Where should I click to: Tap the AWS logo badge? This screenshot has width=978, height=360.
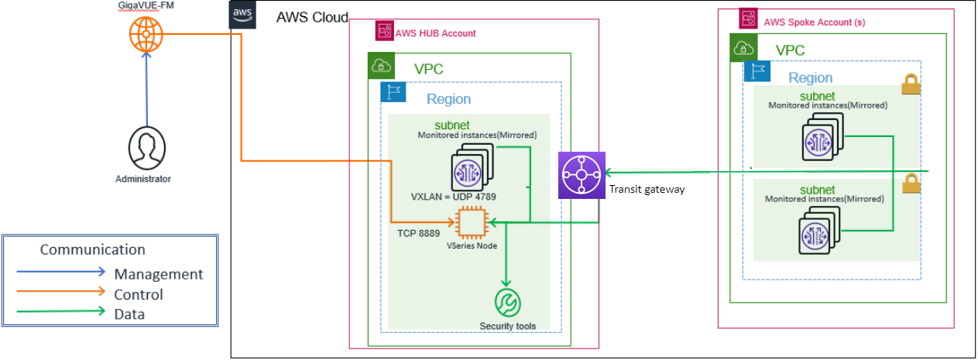point(242,16)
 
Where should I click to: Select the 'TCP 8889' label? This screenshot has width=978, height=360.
point(419,231)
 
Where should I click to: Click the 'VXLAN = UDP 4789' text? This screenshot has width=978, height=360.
point(454,197)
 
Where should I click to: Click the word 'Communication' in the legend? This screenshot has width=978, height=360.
point(92,249)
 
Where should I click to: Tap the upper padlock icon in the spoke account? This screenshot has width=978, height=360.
point(911,84)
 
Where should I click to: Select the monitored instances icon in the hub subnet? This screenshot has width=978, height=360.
point(462,169)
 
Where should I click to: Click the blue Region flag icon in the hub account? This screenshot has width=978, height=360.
point(393,92)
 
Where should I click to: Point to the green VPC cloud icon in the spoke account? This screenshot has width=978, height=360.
point(744,48)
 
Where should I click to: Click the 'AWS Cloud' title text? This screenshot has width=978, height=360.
point(312,17)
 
